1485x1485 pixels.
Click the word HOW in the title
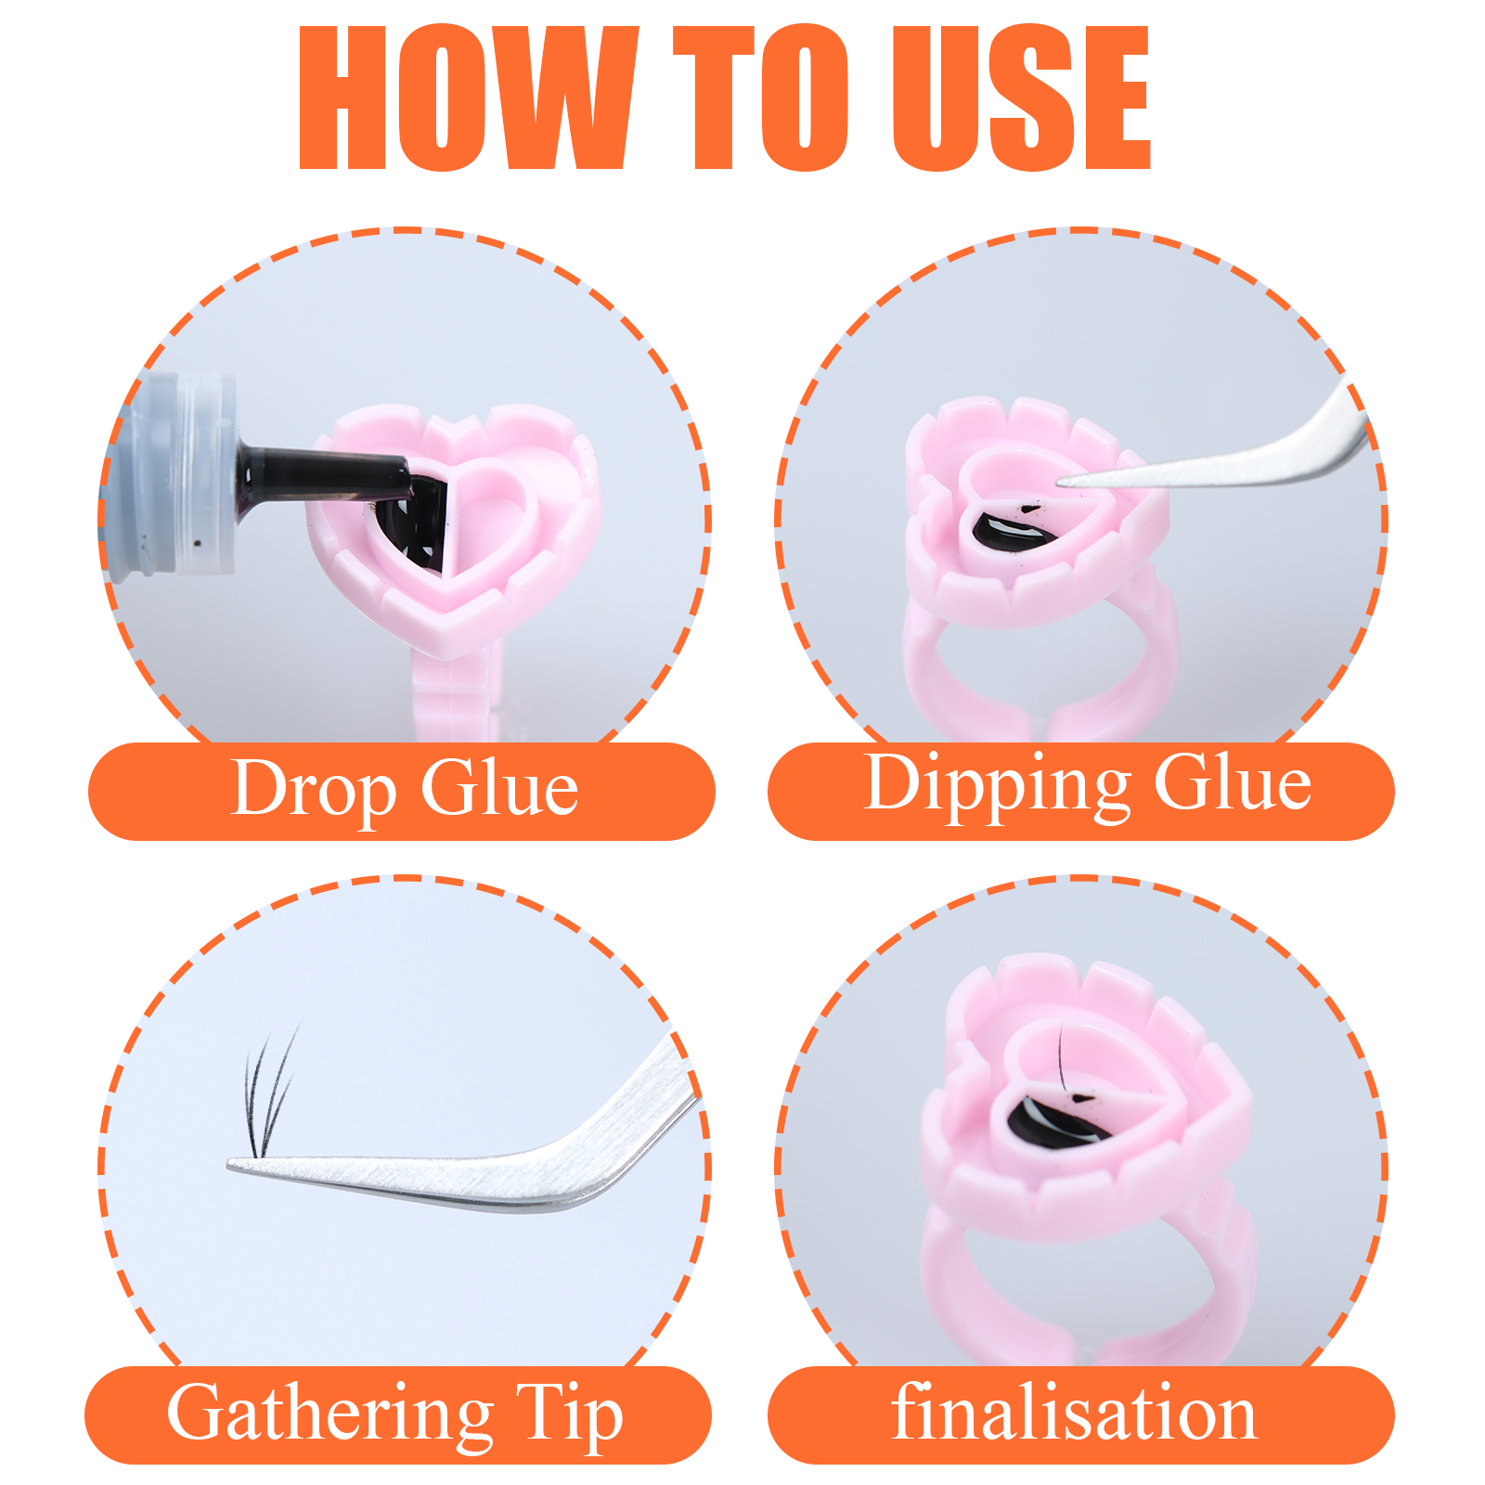(468, 97)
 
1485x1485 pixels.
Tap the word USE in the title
(1021, 97)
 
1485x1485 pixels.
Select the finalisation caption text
(1074, 1411)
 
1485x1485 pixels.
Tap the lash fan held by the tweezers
(270, 1091)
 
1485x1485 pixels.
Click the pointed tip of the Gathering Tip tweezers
(230, 1164)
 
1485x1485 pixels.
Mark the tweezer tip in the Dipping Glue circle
(1061, 481)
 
